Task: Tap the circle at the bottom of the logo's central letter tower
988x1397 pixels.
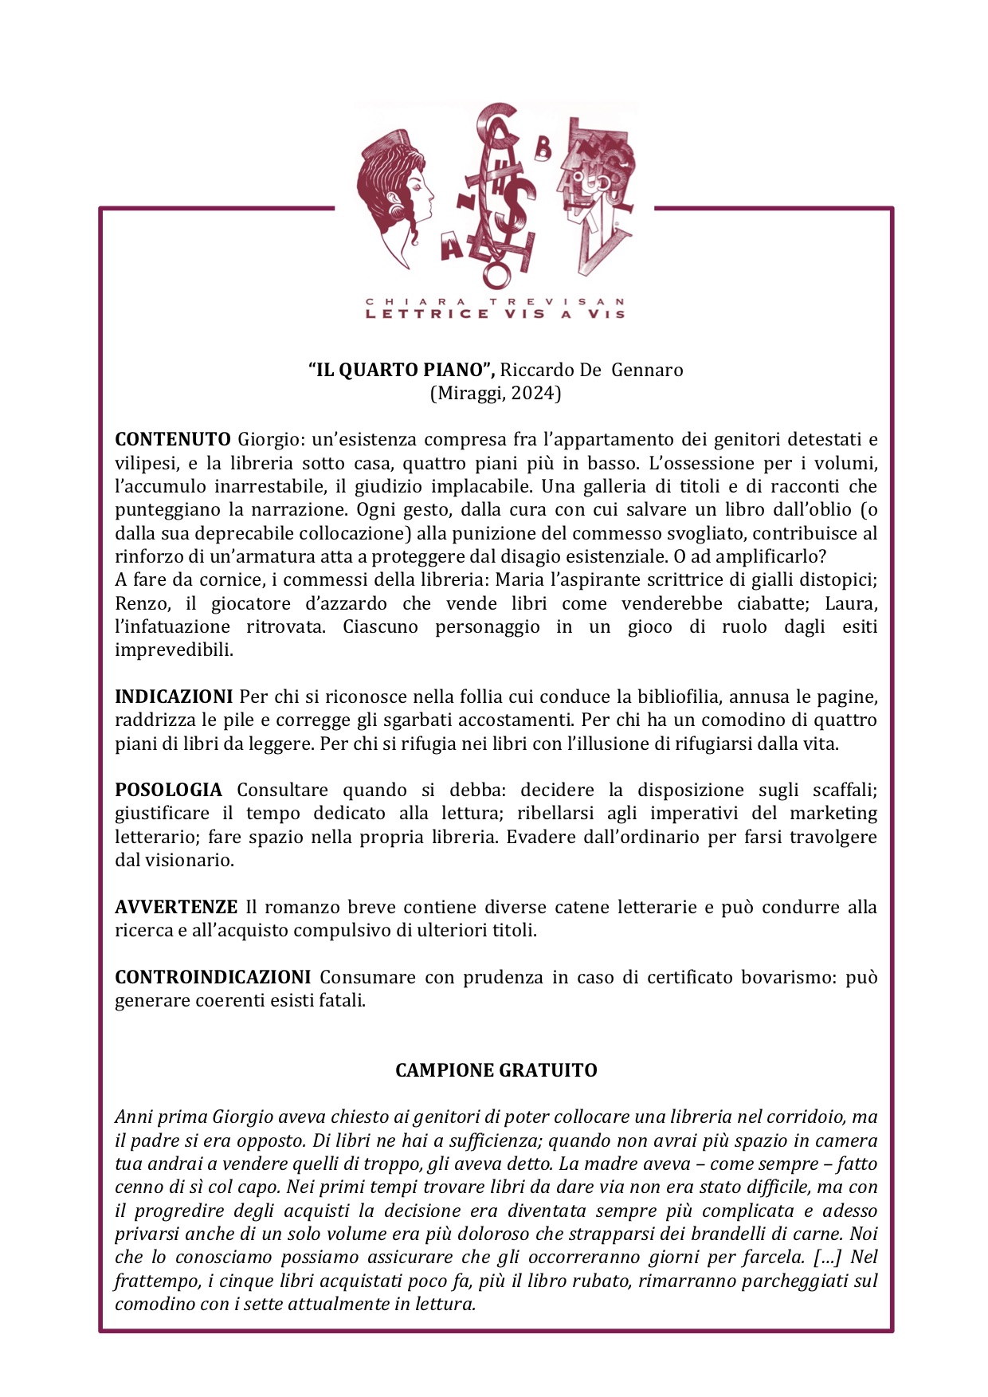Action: pos(496,276)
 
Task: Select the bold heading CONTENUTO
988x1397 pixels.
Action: pos(172,439)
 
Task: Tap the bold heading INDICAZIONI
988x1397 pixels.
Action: pos(174,697)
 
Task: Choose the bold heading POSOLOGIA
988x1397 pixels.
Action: pos(168,790)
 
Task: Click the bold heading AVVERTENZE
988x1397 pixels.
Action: pos(176,907)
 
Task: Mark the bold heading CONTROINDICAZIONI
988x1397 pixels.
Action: pos(213,977)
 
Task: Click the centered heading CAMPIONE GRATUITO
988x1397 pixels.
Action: pos(496,1070)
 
